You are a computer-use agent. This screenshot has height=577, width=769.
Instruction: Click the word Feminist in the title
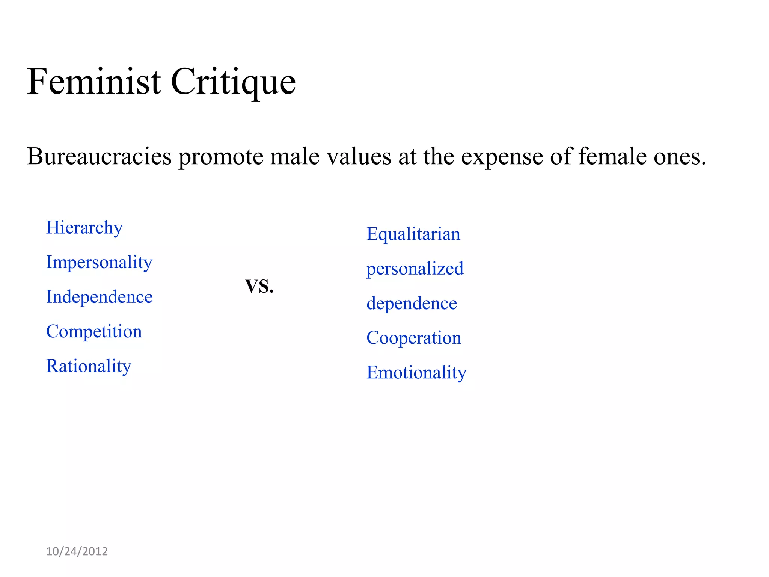coord(94,82)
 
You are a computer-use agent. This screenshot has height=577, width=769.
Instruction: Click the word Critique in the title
coord(233,82)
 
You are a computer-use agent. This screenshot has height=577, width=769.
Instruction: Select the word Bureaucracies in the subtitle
coord(99,156)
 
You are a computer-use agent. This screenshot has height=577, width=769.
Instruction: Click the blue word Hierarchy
coord(84,228)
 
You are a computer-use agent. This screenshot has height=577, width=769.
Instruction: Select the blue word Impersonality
coord(99,262)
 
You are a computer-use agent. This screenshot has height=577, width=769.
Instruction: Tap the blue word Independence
coord(99,297)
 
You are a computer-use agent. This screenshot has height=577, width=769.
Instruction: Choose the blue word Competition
coord(94,331)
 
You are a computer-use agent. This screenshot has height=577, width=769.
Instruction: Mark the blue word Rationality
coord(89,366)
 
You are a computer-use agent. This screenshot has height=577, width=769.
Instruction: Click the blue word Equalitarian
coord(413,234)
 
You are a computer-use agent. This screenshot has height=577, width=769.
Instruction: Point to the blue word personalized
coord(415,269)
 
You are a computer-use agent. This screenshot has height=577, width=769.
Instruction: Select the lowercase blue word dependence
coord(412,303)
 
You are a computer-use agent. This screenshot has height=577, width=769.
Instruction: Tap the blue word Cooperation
coord(413,338)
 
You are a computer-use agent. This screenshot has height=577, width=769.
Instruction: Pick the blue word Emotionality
coord(416,372)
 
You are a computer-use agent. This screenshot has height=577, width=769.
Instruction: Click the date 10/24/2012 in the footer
coord(77,551)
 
